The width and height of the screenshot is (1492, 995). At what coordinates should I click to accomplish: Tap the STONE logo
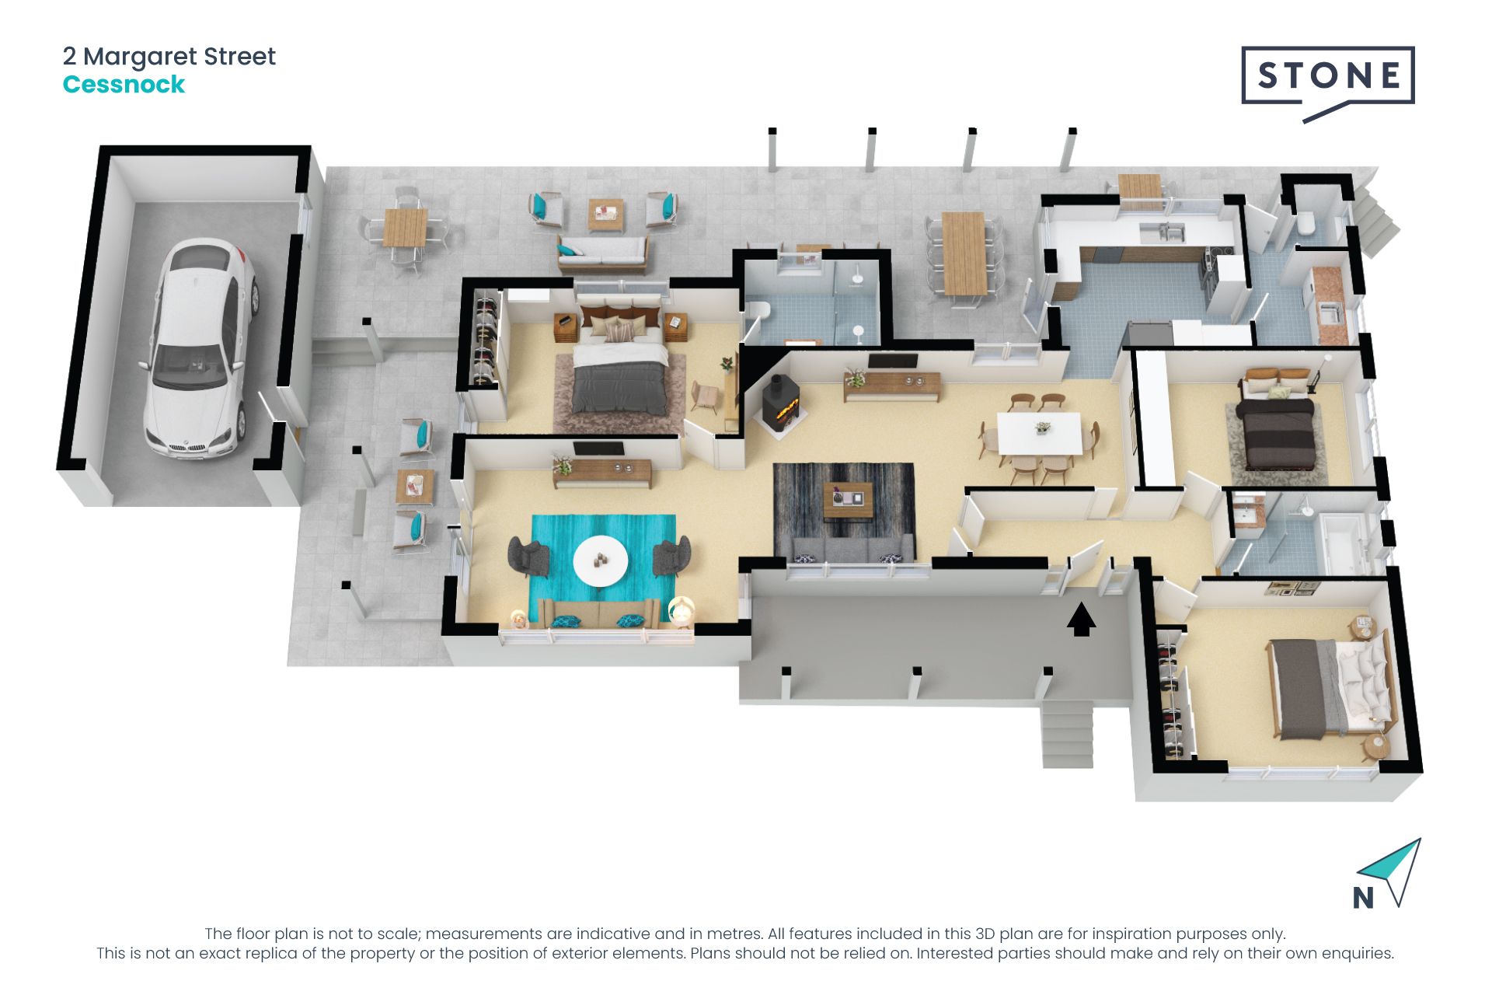click(1328, 78)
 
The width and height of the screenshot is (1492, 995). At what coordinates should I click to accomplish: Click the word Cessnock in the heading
click(124, 85)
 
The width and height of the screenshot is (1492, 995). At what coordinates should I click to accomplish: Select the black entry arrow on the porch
click(1081, 620)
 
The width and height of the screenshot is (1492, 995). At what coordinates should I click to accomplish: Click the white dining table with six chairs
click(1039, 433)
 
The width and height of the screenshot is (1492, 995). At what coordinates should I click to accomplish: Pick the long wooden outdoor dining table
click(964, 253)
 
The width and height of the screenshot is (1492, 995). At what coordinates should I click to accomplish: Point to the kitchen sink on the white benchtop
click(1162, 231)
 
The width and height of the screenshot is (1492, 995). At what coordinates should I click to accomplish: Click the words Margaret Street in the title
click(180, 57)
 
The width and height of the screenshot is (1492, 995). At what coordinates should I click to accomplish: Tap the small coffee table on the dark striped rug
click(849, 497)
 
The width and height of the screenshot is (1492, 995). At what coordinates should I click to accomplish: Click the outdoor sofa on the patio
click(602, 253)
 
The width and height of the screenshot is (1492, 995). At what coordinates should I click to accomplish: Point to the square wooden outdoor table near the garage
click(405, 228)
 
